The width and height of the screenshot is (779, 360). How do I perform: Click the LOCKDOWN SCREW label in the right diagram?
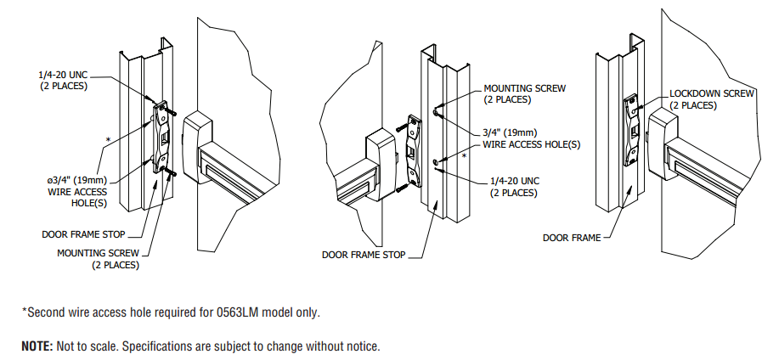coord(712,93)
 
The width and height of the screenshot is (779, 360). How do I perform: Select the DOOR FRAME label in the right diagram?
coord(571,238)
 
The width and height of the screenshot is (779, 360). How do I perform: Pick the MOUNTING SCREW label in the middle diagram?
coord(524,88)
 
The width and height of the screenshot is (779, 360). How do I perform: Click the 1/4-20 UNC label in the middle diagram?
coord(514,182)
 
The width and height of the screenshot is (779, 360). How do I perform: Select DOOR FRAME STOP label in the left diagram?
coord(84,233)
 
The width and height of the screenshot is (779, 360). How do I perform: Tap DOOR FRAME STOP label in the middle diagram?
coord(364,254)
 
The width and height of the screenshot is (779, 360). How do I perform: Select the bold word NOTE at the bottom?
coord(36,346)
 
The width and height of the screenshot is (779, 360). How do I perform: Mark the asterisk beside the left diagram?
coord(108,138)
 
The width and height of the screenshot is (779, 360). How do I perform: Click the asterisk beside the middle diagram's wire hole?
coord(465,156)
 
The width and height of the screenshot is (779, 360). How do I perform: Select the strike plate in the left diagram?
coord(162,136)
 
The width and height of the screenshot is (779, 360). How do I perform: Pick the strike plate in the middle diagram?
coord(415,151)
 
